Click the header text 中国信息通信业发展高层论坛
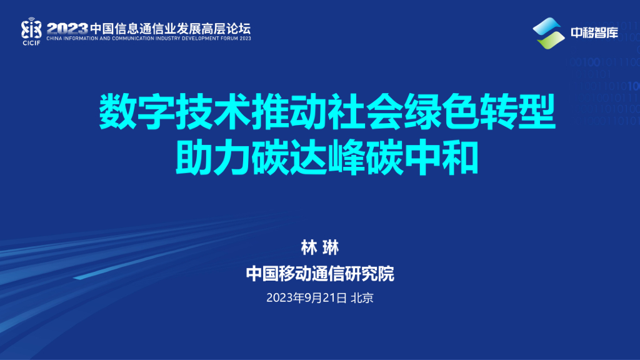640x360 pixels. pos(170,28)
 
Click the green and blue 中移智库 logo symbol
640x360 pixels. pos(547,32)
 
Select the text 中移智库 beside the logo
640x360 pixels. pos(594,33)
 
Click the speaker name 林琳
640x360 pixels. pos(319,247)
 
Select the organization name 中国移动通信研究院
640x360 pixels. pos(320,274)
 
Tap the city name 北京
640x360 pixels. pos(362,298)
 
